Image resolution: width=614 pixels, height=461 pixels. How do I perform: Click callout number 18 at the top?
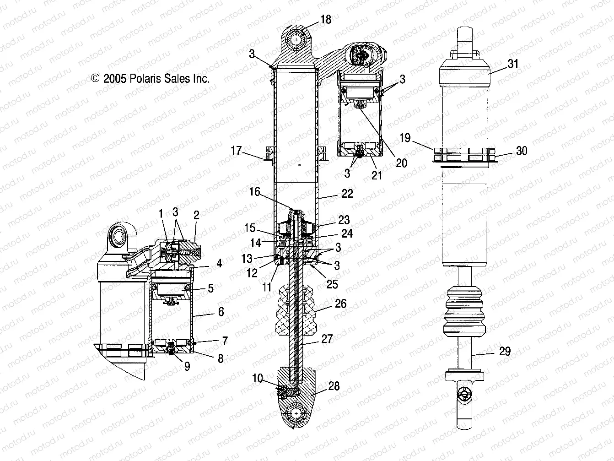click(325, 20)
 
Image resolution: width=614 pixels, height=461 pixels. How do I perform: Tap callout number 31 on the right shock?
click(514, 64)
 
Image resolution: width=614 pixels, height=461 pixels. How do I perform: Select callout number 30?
click(522, 151)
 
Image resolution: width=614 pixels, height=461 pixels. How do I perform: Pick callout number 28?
click(334, 386)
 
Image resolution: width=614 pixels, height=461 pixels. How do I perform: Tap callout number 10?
click(258, 378)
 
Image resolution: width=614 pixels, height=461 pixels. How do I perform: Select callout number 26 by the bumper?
click(340, 304)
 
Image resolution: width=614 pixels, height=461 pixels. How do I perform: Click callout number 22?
click(347, 194)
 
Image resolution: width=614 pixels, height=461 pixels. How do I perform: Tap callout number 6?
click(221, 312)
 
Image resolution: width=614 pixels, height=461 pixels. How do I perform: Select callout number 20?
click(401, 163)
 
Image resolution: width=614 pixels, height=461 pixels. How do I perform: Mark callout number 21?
click(376, 174)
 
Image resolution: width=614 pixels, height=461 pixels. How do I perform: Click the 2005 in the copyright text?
click(113, 78)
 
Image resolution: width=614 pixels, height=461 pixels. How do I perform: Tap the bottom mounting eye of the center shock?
click(296, 413)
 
